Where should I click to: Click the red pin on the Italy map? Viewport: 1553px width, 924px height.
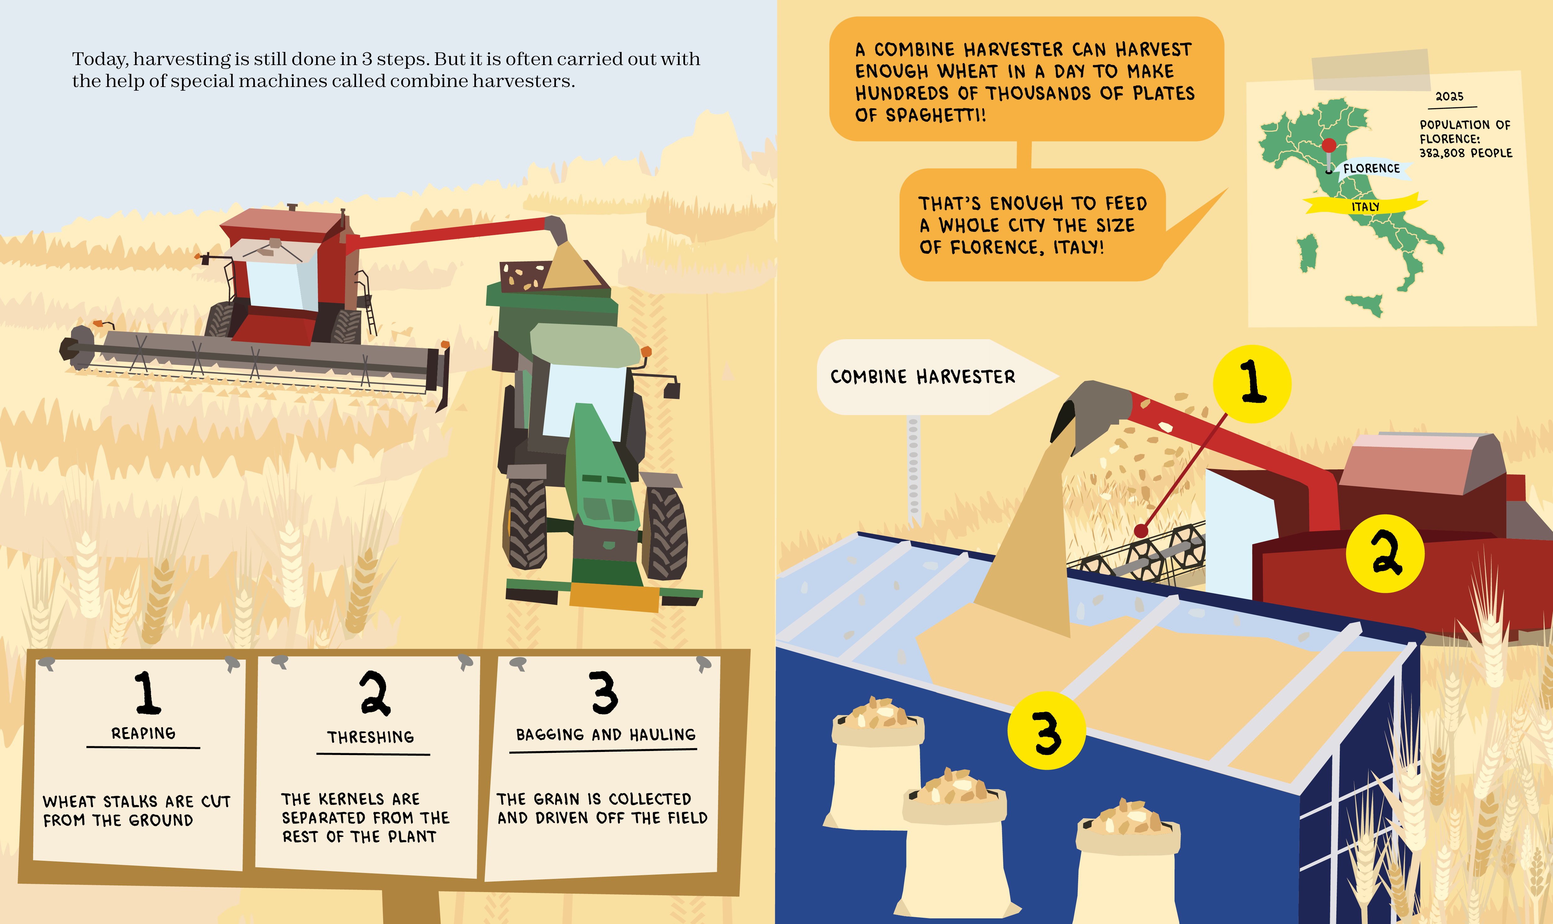1329,145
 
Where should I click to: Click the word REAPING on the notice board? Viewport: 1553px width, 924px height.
143,733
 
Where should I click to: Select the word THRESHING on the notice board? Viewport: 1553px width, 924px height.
371,737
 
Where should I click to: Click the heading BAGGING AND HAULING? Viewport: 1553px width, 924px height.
605,735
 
